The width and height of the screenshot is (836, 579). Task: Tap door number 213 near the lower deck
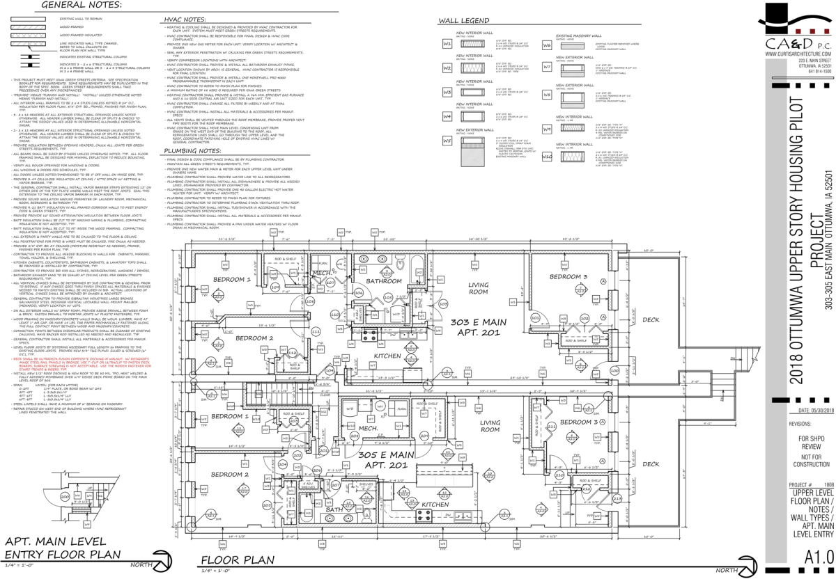(x=617, y=498)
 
